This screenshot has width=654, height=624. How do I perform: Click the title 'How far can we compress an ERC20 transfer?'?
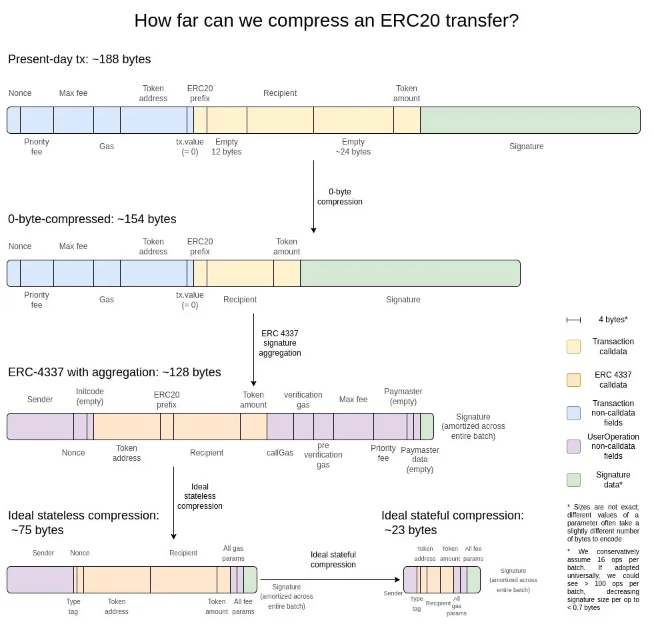327,21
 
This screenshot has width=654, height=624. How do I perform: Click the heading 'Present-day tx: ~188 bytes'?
79,59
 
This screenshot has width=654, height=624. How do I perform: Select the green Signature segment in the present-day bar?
530,120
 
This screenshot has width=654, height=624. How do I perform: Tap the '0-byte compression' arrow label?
340,196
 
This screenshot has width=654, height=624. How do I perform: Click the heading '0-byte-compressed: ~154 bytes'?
92,219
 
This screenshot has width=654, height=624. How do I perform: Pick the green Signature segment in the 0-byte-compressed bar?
410,273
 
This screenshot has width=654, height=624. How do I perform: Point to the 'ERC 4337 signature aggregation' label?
281,343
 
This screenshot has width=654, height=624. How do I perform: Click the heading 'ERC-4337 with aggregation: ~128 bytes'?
114,372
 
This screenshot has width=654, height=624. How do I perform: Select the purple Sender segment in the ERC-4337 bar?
40,426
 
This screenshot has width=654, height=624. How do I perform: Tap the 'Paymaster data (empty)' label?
420,460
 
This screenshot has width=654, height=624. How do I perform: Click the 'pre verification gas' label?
323,455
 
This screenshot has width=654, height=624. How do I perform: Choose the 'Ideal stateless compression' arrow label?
200,496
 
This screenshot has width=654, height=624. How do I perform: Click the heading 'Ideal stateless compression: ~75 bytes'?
83,522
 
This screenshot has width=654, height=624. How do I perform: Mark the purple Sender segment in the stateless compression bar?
40,579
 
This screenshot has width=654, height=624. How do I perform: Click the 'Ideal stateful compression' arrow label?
333,559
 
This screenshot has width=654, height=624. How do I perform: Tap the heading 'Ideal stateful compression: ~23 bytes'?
452,522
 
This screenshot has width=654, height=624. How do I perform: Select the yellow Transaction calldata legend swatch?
573,346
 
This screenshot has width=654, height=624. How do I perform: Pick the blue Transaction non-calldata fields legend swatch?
573,412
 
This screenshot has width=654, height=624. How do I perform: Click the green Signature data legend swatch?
573,479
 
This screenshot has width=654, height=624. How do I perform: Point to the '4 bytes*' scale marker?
573,320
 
